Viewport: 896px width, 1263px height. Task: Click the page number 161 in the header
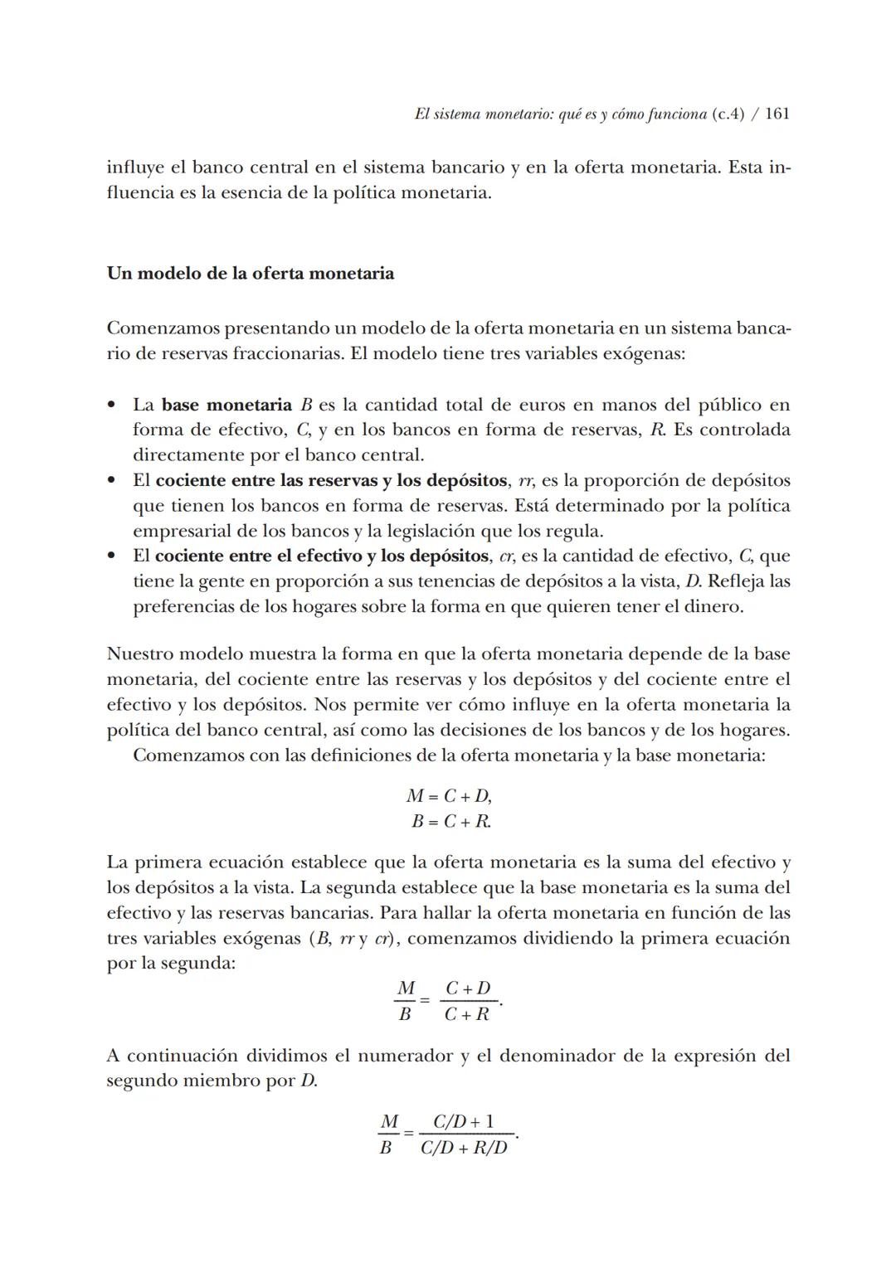(777, 114)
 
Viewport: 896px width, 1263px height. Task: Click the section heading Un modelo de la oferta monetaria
(250, 273)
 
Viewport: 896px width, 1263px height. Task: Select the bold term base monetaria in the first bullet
(226, 405)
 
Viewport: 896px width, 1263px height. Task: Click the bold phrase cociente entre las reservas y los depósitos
(331, 480)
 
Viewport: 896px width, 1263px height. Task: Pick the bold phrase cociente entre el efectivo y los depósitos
(321, 556)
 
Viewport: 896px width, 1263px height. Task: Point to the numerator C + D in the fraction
(468, 989)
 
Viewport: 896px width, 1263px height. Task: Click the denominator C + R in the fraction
(467, 1014)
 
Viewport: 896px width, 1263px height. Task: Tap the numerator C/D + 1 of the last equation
(464, 1122)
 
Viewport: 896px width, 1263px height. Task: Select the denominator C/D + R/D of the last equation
(464, 1149)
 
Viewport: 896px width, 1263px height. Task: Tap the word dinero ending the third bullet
(715, 606)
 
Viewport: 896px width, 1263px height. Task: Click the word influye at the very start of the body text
(134, 168)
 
